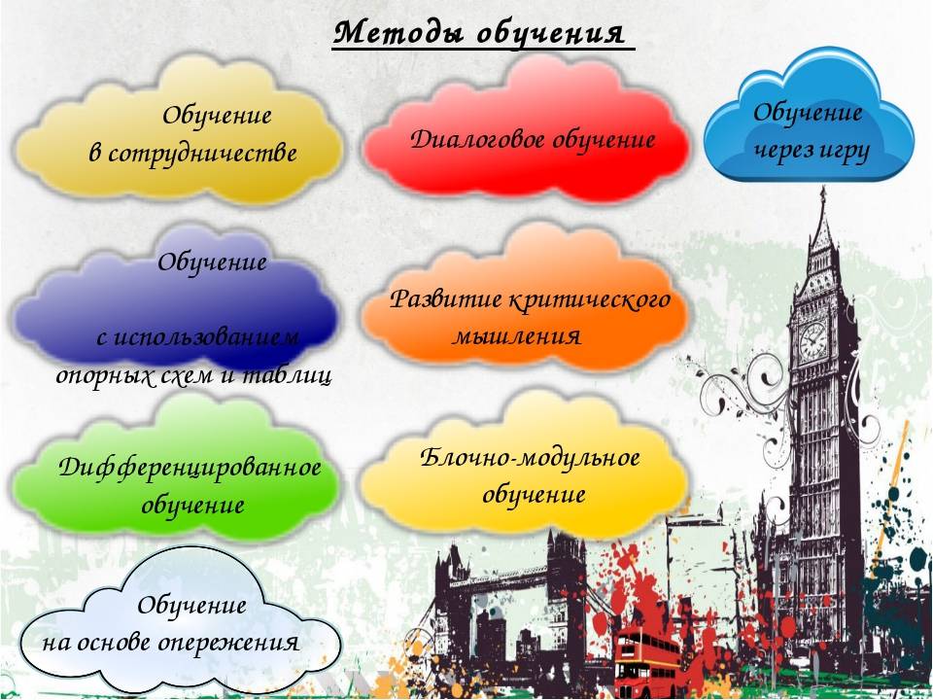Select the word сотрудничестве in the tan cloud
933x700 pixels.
202,154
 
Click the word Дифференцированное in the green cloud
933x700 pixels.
190,468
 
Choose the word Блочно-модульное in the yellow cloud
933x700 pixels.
531,458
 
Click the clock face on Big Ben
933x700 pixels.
812,341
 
